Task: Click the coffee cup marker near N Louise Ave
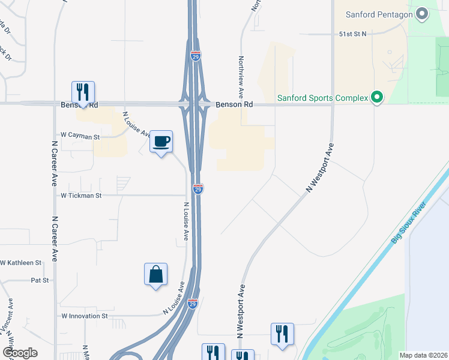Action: [x=161, y=142]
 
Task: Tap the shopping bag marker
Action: [x=155, y=274]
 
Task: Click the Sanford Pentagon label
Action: [x=379, y=14]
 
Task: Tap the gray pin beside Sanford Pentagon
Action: [x=422, y=13]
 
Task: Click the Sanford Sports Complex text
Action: [x=322, y=98]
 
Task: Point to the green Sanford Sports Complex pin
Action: [x=377, y=97]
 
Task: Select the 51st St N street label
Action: [x=352, y=35]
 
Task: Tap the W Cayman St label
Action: [x=79, y=137]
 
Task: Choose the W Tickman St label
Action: [x=81, y=196]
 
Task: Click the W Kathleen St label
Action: [x=21, y=263]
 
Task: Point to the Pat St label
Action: [x=40, y=280]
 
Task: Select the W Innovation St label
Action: [x=84, y=316]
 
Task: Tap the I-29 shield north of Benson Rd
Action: [x=196, y=56]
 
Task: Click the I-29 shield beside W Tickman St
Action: [x=198, y=189]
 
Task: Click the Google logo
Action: [x=20, y=353]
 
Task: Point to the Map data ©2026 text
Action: [x=423, y=355]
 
